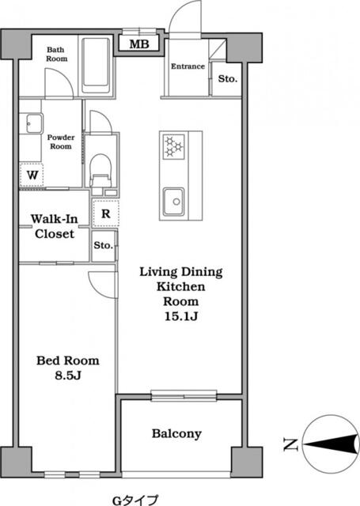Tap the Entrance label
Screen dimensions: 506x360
click(188, 66)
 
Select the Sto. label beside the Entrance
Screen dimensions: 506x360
click(227, 79)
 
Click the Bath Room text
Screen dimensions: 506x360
click(56, 54)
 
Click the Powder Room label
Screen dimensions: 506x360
click(61, 140)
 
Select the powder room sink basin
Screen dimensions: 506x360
click(33, 123)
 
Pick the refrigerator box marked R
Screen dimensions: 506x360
click(104, 212)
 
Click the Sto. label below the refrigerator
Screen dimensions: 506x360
click(103, 246)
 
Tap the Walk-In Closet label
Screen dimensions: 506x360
click(53, 226)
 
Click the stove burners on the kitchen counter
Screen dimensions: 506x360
click(173, 145)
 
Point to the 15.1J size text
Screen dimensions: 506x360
click(181, 317)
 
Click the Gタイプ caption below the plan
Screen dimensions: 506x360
click(134, 500)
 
